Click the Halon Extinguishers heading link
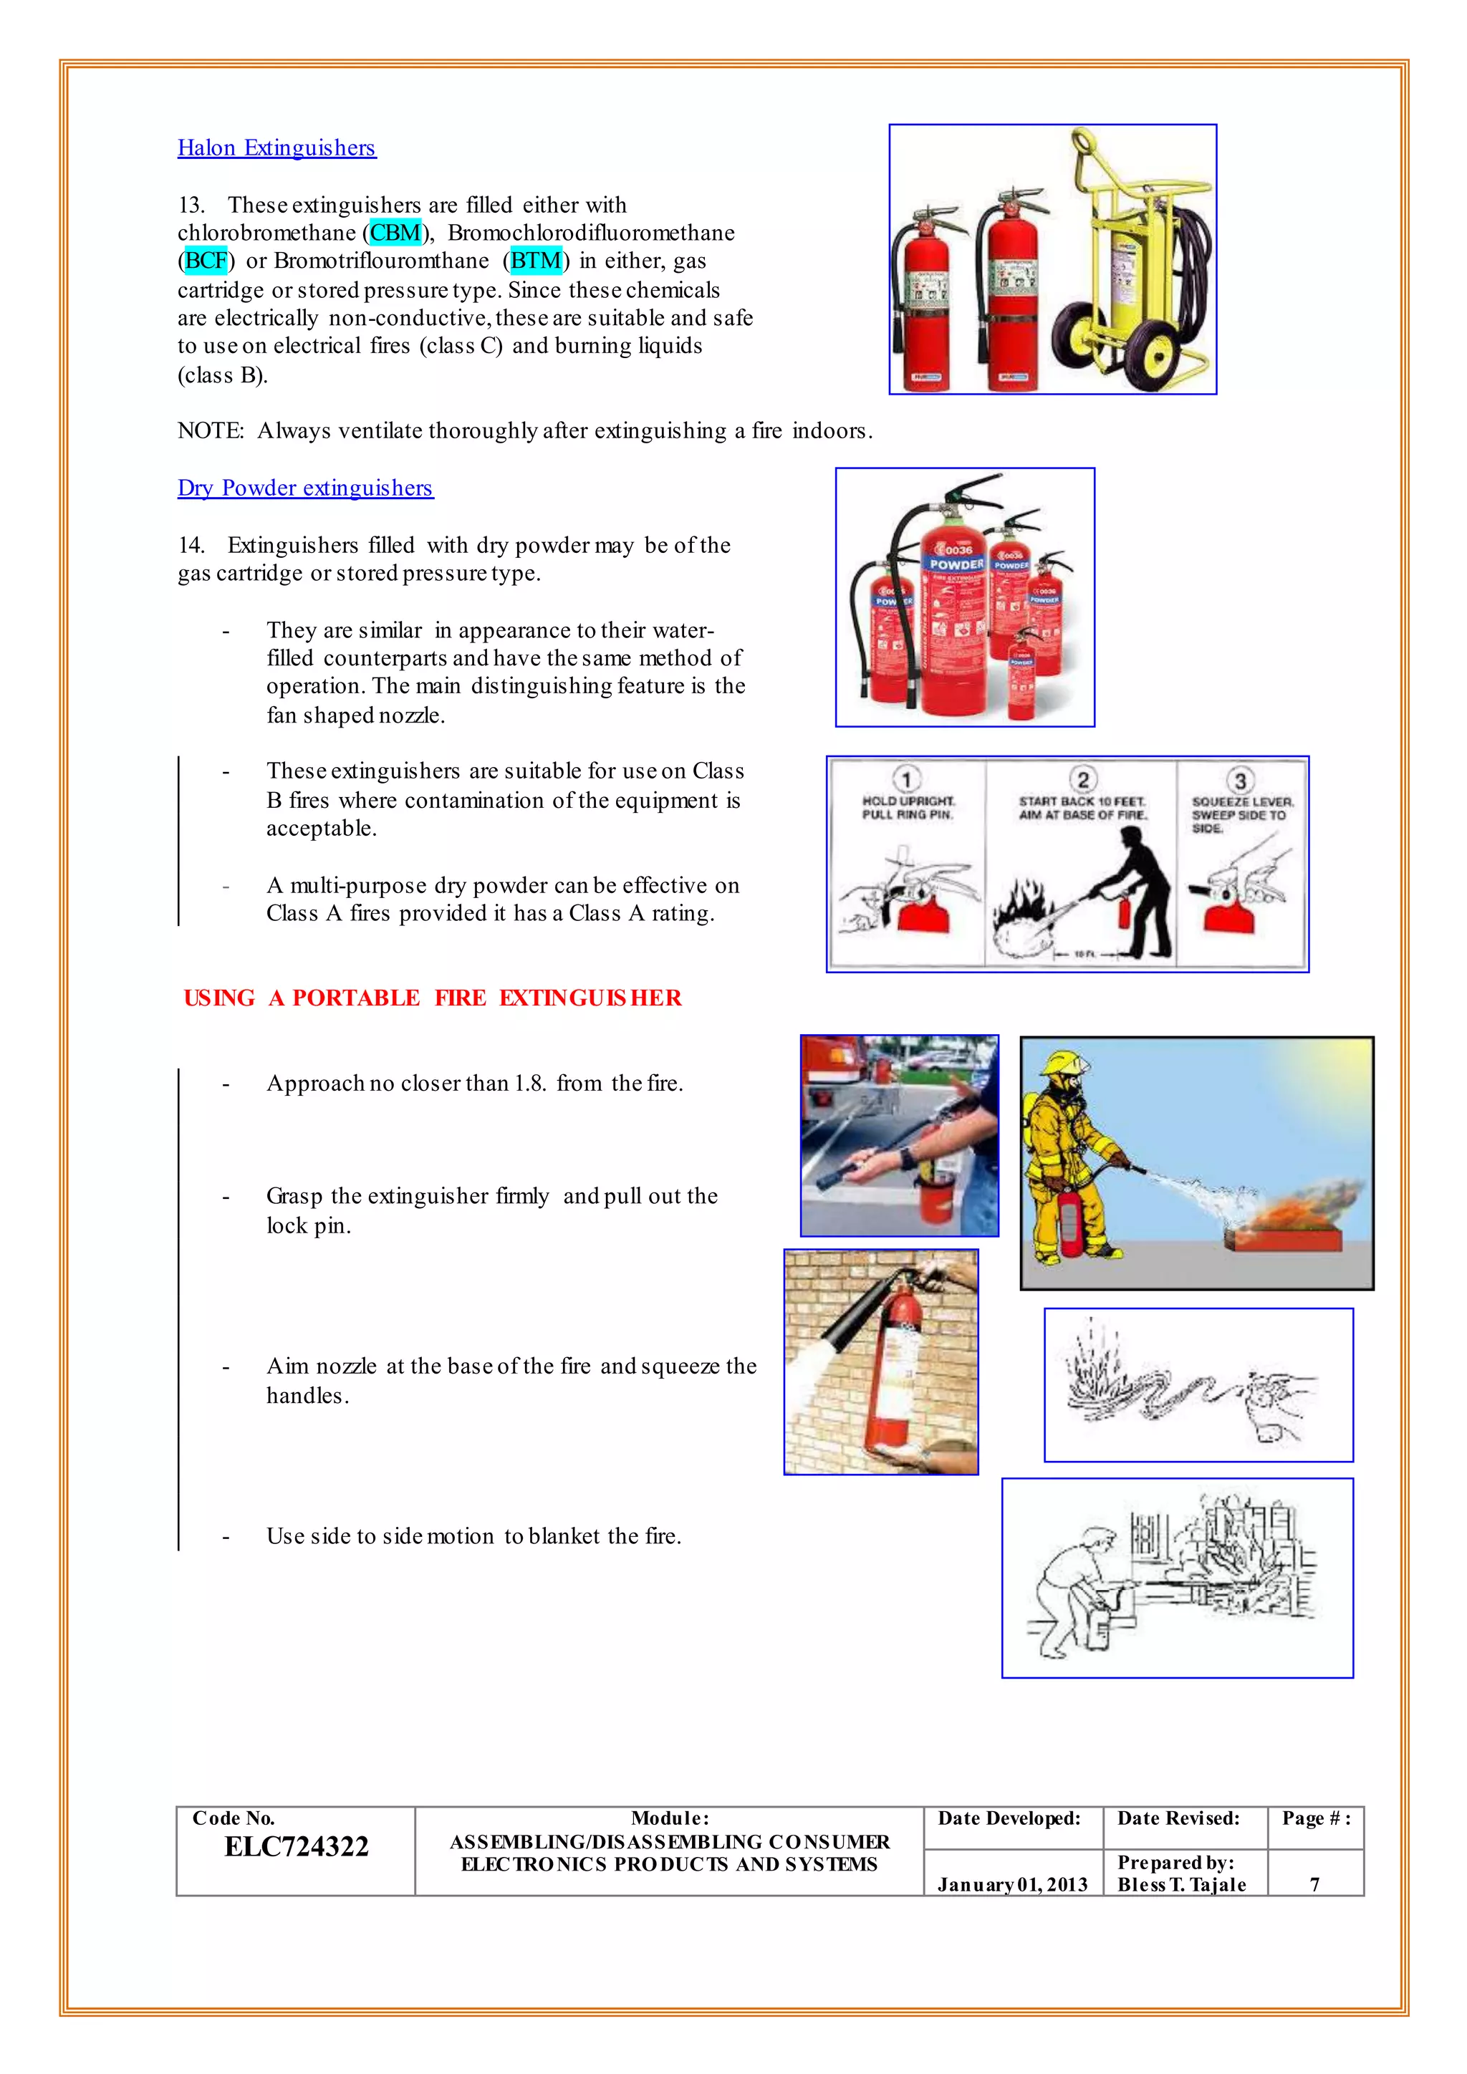tap(276, 148)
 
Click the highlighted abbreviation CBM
tap(395, 233)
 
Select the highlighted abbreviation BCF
tap(206, 261)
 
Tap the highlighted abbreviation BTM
tap(537, 261)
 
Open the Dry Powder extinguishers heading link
tap(305, 488)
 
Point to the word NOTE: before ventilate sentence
tap(211, 431)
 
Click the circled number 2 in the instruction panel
tap(1082, 778)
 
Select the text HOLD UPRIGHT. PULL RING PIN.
tap(908, 808)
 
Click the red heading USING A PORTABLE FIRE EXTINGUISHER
tap(433, 998)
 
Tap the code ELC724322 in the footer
tap(297, 1847)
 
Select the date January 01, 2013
tap(1011, 1884)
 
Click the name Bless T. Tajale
tap(1181, 1884)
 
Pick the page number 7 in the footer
tap(1314, 1884)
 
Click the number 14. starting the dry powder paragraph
tap(191, 546)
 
